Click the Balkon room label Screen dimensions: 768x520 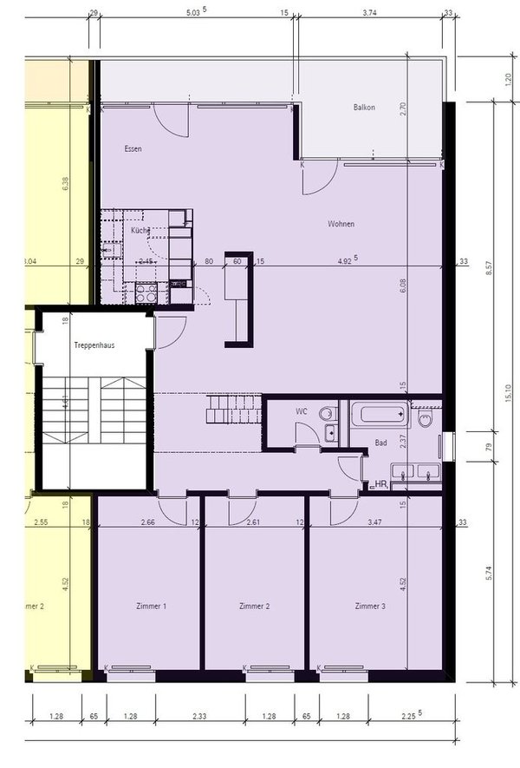pyautogui.click(x=364, y=108)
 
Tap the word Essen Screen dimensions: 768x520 pyautogui.click(x=133, y=148)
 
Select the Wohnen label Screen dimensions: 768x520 pyautogui.click(x=341, y=224)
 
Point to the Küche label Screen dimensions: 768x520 pyautogui.click(x=140, y=232)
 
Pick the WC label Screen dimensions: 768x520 pyautogui.click(x=301, y=410)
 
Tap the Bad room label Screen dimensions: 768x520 pyautogui.click(x=380, y=443)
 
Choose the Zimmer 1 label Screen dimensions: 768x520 pyautogui.click(x=152, y=606)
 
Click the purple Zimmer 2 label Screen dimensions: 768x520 pyautogui.click(x=255, y=606)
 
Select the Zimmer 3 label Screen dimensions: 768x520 pyautogui.click(x=370, y=606)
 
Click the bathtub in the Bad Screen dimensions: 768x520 pyautogui.click(x=380, y=412)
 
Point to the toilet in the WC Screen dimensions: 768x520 pyautogui.click(x=327, y=414)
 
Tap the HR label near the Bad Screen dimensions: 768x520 pyautogui.click(x=378, y=484)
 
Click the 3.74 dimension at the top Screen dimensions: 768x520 pyautogui.click(x=369, y=14)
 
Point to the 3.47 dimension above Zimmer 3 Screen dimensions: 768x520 pyautogui.click(x=374, y=522)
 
